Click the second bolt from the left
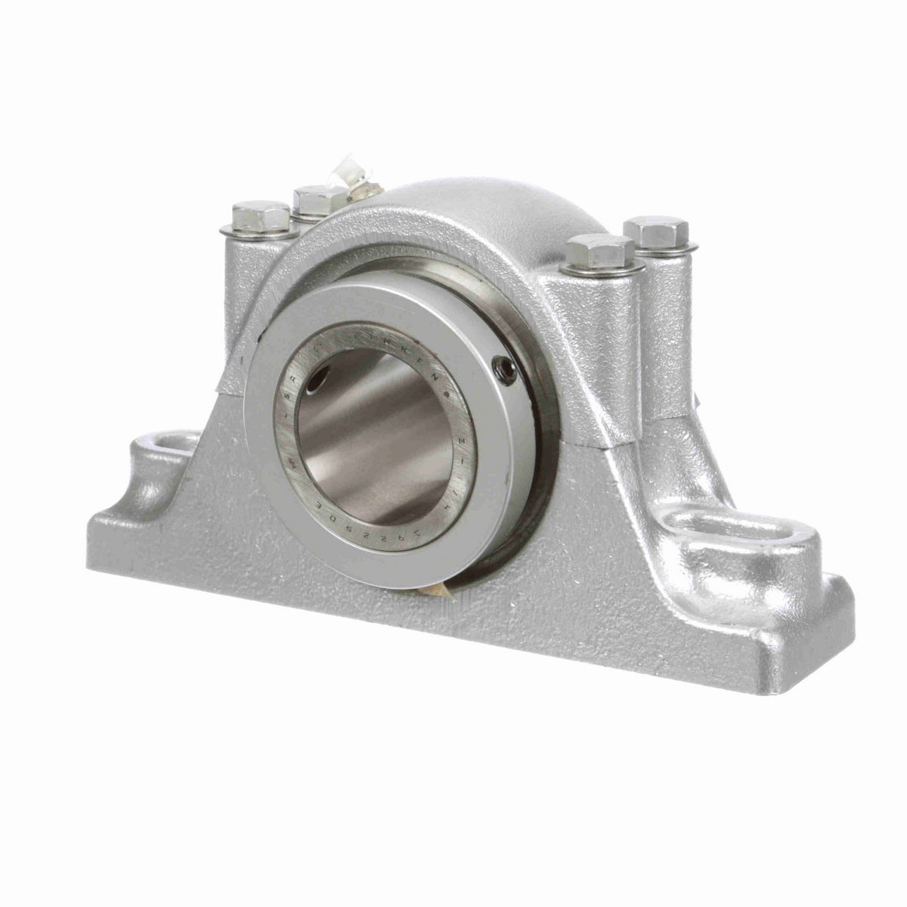[318, 200]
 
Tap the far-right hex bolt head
[656, 230]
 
